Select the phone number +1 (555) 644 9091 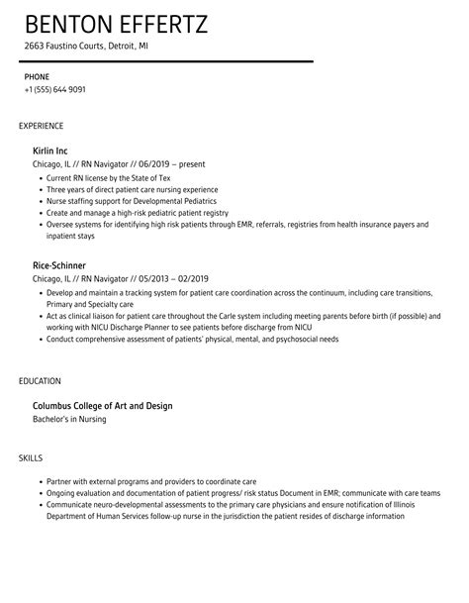pos(54,89)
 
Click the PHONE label pos(37,75)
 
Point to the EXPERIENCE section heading pos(42,126)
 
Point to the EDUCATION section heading pos(41,380)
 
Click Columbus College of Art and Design pos(117,405)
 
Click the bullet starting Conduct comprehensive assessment pos(192,339)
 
